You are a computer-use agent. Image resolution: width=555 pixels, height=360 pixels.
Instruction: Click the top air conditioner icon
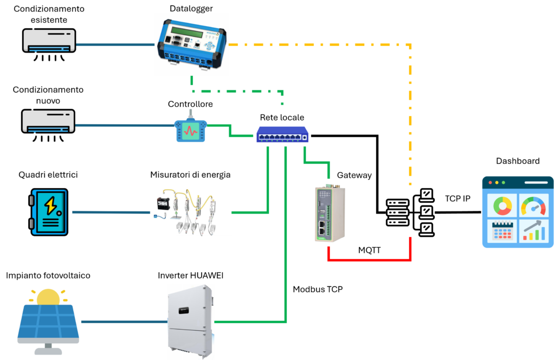coord(49,41)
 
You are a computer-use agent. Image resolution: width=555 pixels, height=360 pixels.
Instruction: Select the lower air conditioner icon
coord(48,121)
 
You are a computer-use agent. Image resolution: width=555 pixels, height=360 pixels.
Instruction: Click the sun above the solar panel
coord(48,297)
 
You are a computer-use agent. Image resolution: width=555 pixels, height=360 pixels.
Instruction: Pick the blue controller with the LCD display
coord(191,44)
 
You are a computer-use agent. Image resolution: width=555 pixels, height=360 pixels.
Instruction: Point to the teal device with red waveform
coord(191,131)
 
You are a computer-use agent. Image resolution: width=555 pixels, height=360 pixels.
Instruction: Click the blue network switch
coord(282,134)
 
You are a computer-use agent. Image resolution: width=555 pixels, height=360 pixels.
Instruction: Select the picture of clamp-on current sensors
coord(191,212)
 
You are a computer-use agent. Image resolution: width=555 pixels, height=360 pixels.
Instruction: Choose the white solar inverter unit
coord(190,321)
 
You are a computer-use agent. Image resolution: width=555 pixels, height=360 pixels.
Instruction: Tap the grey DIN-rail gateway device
coord(328,213)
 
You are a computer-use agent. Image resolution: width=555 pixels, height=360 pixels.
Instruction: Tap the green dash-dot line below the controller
coord(238,91)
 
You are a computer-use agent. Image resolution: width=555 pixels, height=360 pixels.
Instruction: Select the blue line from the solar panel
coord(124,322)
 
